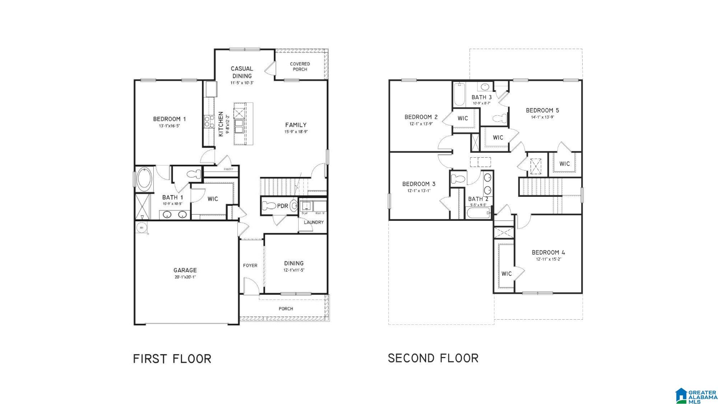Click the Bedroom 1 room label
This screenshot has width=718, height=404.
point(169,119)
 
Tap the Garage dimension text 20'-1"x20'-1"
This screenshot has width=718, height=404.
point(185,277)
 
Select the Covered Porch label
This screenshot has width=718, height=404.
point(300,66)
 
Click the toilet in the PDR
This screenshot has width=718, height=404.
point(269,206)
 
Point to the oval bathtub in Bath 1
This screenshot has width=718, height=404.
point(145,179)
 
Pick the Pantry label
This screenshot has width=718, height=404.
point(228,169)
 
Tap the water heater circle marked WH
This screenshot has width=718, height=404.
point(141,227)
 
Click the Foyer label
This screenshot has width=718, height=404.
point(250,265)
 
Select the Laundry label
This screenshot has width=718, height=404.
point(314,222)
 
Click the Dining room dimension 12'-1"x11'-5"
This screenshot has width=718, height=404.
point(294,270)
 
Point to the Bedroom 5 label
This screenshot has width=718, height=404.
point(542,110)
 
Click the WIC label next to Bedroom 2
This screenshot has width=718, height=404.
point(463,118)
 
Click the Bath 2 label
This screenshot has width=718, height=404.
point(478,199)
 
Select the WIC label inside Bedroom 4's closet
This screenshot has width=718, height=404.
point(507,274)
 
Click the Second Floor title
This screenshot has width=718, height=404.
point(433,358)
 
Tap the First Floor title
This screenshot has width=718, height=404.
point(172,359)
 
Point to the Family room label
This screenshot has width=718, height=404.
point(296,125)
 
